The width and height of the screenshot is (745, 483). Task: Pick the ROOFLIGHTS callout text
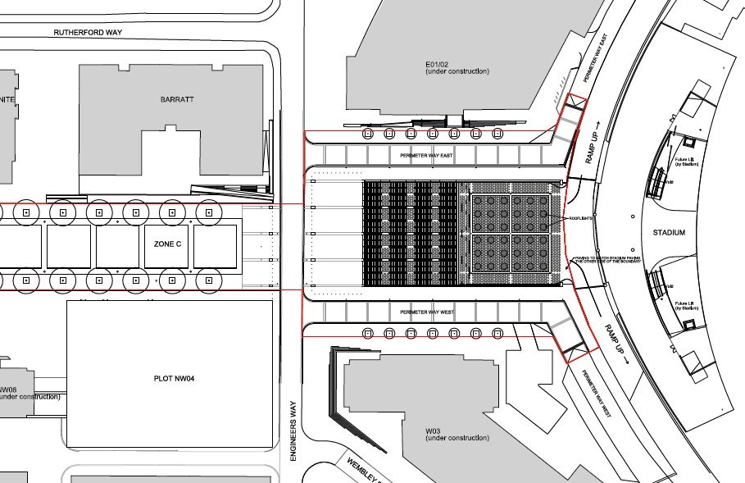pos(582,219)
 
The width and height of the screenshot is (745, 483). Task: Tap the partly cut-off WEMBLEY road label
pos(361,468)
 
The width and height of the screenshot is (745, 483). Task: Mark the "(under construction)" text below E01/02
pos(457,72)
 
